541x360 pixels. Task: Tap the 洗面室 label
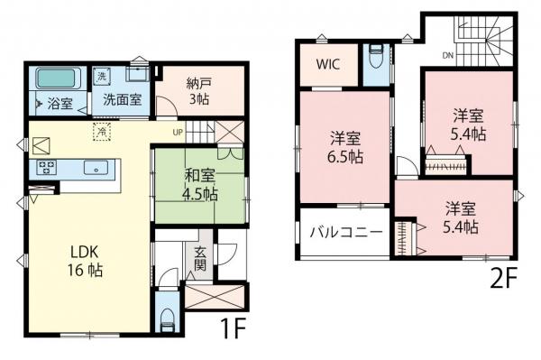pos(121,100)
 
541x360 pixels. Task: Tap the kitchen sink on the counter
pos(95,168)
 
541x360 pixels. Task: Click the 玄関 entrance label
pos(199,261)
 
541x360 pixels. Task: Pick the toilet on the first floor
pos(167,317)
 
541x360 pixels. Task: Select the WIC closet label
pos(327,65)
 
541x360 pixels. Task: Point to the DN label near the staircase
pos(447,56)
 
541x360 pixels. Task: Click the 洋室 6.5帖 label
pos(345,147)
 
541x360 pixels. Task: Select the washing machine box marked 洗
pos(101,76)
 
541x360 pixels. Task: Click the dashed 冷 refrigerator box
pos(103,131)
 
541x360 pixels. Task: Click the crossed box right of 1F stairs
pos(230,133)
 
